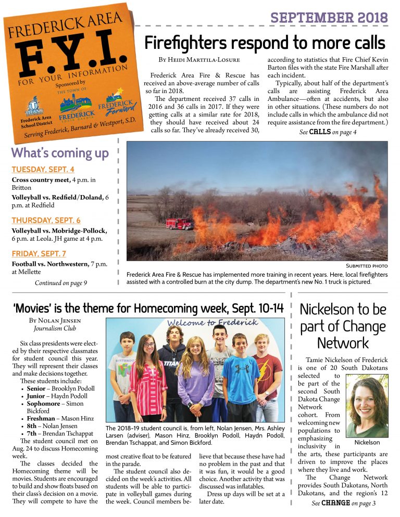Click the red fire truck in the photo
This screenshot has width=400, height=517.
coord(179,224)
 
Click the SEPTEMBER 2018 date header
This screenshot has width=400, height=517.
coord(329,17)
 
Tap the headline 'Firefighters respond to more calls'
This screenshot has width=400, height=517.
coord(265,42)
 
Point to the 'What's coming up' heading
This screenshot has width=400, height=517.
coord(60,153)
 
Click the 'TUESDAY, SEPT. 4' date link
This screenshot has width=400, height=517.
coord(43,170)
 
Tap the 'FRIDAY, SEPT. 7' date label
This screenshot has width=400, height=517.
coord(39,254)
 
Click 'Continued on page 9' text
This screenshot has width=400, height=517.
coord(60,283)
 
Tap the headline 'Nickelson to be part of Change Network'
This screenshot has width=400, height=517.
coord(343,326)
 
